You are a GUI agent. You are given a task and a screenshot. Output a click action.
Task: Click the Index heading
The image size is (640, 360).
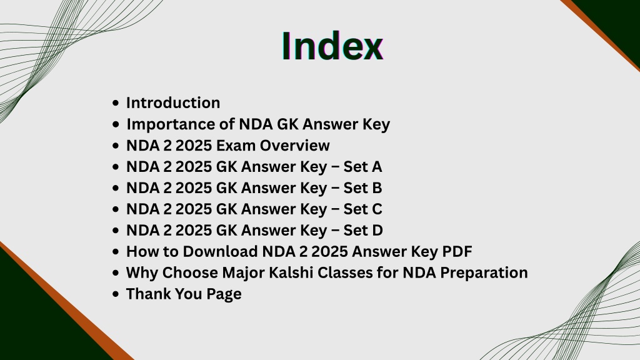332,46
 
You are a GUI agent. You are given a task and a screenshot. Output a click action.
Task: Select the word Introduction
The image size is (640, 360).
173,103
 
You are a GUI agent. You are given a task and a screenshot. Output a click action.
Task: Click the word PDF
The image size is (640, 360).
457,251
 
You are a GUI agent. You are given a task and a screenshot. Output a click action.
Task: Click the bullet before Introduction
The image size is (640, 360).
116,103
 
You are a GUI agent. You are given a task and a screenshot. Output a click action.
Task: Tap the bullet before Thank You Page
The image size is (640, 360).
116,294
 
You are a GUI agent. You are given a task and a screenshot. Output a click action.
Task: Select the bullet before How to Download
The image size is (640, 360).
116,252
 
